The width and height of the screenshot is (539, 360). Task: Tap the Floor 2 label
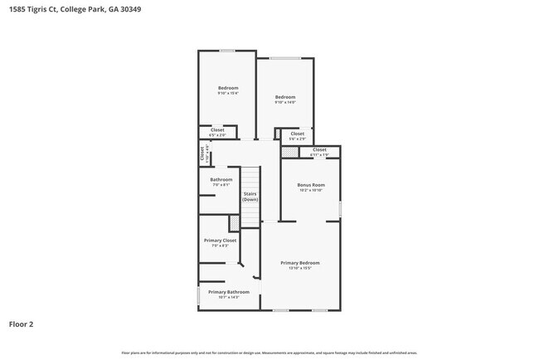[22, 324]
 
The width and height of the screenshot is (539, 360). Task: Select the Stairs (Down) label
[250, 197]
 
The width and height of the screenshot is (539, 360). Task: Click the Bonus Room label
[311, 184]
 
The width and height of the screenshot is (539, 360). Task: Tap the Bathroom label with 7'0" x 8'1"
[221, 179]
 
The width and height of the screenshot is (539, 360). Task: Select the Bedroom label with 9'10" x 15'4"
[228, 88]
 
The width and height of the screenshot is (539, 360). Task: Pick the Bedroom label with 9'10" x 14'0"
[285, 97]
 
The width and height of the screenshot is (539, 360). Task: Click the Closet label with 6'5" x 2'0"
[217, 129]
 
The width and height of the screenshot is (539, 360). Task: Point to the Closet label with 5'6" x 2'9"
[297, 133]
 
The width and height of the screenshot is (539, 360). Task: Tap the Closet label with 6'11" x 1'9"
[319, 149]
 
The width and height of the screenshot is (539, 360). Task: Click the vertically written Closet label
[202, 153]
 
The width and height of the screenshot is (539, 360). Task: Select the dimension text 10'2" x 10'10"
[311, 190]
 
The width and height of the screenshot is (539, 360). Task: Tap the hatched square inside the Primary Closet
[234, 222]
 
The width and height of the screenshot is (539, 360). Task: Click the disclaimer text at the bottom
[269, 353]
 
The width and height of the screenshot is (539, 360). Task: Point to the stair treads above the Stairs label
[250, 178]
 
